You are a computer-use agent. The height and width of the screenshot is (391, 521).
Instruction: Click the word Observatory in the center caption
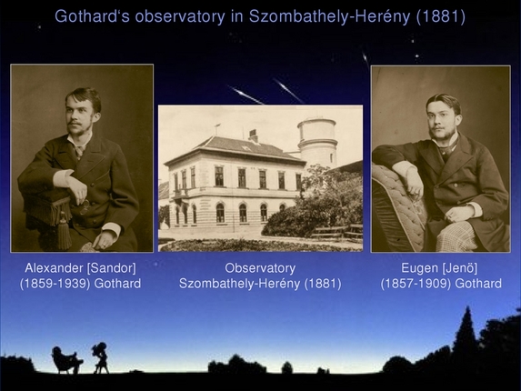(260, 268)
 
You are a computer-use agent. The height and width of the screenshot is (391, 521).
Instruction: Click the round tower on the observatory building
(317, 141)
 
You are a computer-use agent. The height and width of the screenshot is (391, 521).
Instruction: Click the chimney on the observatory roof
(254, 135)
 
